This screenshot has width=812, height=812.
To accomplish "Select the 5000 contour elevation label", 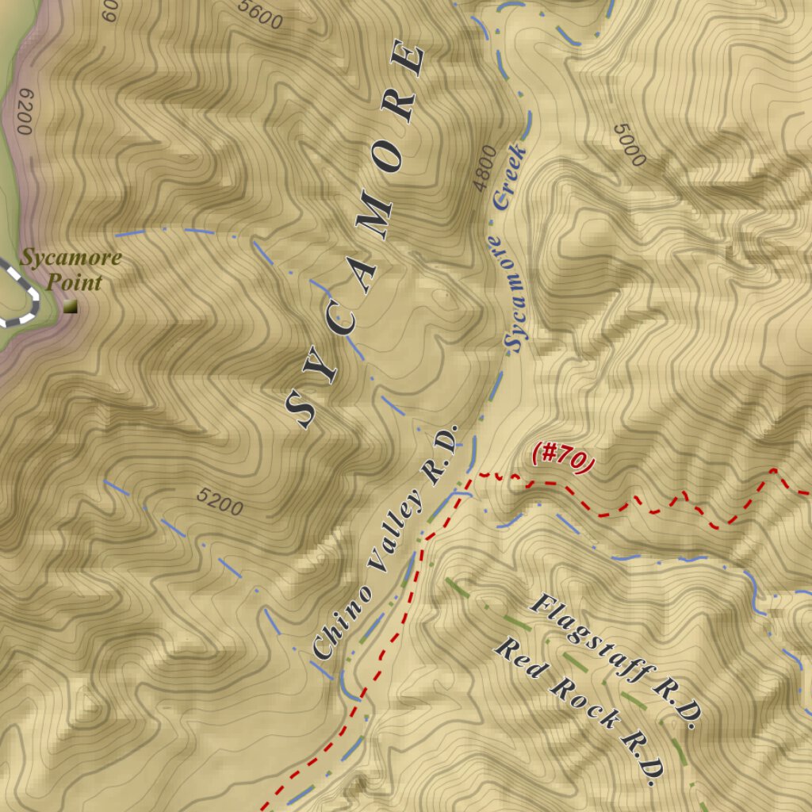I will point(630,145).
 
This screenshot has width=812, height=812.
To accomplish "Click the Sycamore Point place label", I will point(71,270).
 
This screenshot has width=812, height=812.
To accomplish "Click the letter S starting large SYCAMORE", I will point(303,410).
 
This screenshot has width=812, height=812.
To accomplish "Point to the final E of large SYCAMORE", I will point(409,62).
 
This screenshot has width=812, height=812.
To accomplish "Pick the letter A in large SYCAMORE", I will point(363,274).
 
